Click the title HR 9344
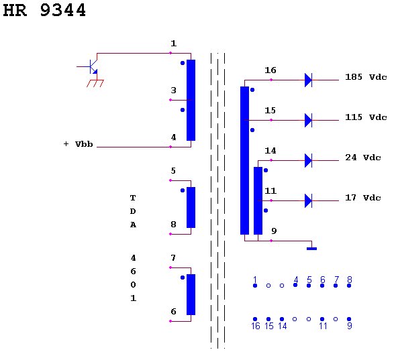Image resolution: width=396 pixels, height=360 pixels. (44, 10)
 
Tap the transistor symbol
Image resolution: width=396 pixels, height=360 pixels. (91, 66)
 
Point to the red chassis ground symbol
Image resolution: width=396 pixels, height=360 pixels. (95, 83)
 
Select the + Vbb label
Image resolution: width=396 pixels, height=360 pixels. (78, 144)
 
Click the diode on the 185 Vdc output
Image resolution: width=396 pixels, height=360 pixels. (308, 80)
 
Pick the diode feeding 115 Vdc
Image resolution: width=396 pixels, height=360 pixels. (308, 120)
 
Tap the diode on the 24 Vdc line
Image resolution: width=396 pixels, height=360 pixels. (308, 160)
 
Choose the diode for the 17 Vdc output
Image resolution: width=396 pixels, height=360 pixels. (308, 200)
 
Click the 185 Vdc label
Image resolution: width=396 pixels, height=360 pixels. (366, 76)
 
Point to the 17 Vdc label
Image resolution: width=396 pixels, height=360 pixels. (363, 197)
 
